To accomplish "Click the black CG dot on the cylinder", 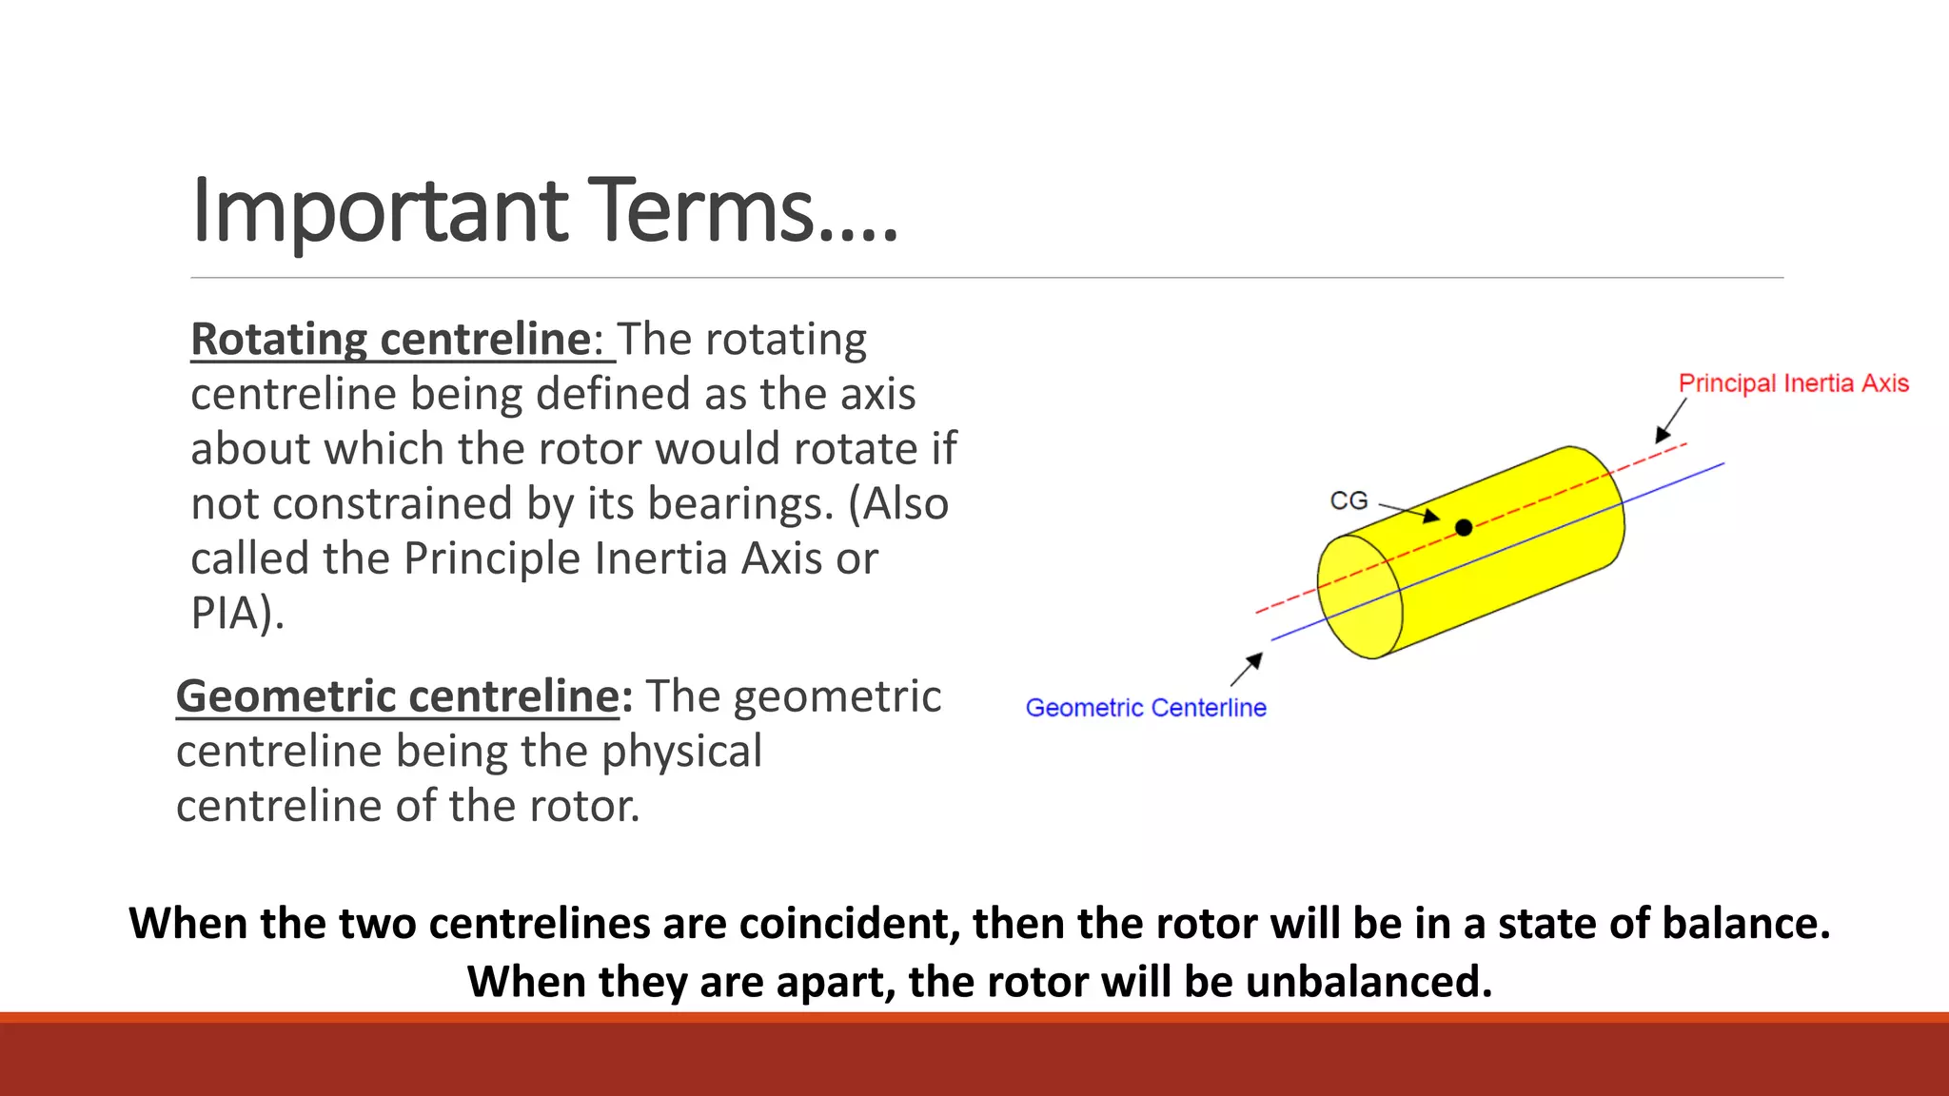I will point(1464,527).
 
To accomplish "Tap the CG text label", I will point(1348,500).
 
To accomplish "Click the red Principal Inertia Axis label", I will point(1793,383).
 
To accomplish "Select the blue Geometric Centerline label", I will point(1145,708).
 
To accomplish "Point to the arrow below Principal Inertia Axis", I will point(1670,421).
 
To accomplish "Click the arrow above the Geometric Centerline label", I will point(1247,669).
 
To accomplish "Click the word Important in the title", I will point(379,211).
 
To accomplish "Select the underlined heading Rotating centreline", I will point(391,340).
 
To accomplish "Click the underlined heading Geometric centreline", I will point(398,696).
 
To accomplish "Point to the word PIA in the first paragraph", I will point(226,614).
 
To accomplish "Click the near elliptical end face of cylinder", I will point(1359,597).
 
